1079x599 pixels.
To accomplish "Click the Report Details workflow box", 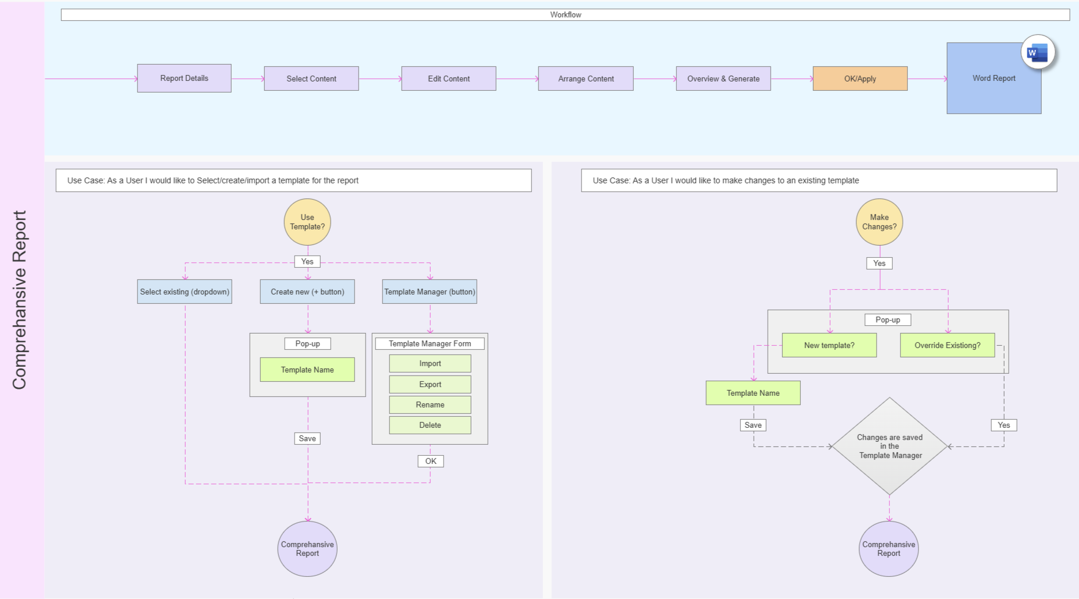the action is [184, 78].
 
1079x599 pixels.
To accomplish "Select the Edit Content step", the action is [449, 79].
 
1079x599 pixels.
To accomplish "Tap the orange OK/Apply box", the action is [860, 79].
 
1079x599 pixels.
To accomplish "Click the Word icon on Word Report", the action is [1038, 52].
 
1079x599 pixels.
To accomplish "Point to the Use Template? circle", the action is [307, 222].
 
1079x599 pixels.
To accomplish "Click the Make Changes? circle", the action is [879, 222].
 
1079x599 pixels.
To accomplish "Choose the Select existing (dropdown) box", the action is [184, 292].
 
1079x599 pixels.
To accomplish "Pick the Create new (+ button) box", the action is [307, 292].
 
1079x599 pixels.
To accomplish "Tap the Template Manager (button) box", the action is [430, 292].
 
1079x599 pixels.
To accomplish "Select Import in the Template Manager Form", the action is [430, 363].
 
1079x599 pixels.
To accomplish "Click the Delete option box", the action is [430, 425].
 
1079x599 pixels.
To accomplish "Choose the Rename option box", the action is [430, 405].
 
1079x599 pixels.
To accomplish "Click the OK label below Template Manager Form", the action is [431, 461].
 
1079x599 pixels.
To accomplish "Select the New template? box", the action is [829, 345].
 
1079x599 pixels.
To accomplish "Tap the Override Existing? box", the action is [947, 345].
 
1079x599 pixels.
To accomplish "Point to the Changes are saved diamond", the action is [889, 446].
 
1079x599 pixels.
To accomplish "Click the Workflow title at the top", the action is [566, 15].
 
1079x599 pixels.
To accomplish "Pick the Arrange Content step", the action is [586, 79].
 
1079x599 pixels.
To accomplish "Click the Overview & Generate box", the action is [723, 79].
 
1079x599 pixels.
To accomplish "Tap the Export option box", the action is [430, 384].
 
